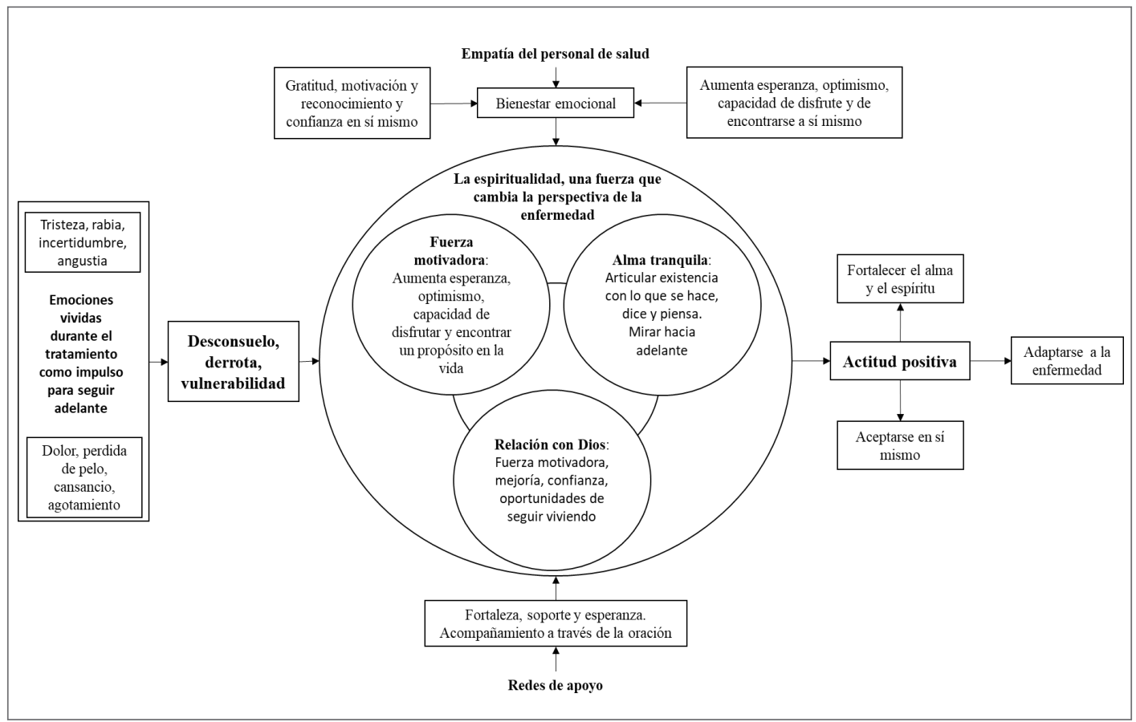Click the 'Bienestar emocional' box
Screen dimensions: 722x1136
click(x=556, y=103)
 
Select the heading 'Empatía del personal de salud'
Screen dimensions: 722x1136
click(x=555, y=54)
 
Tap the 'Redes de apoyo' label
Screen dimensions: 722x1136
click(x=555, y=685)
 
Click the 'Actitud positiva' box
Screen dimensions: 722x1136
click(x=899, y=362)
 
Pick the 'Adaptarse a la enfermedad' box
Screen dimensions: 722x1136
click(x=1066, y=361)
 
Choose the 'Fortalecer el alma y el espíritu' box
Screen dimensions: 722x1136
click(x=899, y=279)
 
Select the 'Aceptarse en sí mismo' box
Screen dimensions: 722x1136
click(x=899, y=445)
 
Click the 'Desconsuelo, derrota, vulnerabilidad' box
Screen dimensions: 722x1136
click(x=233, y=362)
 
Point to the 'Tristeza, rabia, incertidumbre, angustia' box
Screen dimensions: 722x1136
click(x=83, y=242)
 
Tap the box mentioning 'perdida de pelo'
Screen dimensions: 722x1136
click(x=83, y=477)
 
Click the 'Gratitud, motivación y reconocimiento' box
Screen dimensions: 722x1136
click(x=352, y=103)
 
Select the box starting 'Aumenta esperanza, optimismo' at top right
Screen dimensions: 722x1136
click(x=794, y=103)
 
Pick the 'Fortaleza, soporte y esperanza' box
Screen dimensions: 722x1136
click(x=556, y=624)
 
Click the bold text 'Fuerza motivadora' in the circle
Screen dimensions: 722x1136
click(x=451, y=250)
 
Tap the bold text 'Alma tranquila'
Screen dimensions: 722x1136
click(x=661, y=260)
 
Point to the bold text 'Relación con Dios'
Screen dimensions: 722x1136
click(x=551, y=444)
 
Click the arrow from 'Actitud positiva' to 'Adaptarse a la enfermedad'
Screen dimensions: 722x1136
click(x=990, y=361)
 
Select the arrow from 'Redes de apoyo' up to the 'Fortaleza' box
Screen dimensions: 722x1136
click(x=556, y=660)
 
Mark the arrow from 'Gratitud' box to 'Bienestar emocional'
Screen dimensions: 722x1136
click(x=454, y=103)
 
